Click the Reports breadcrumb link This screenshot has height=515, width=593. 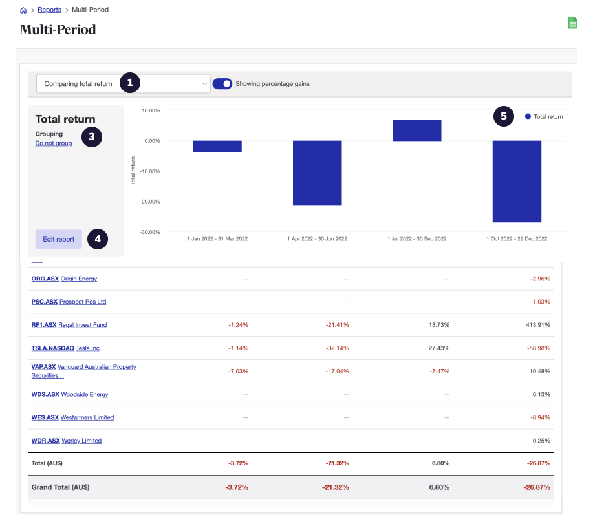50,10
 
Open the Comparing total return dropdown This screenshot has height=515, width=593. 123,83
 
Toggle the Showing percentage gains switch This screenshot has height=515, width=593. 222,83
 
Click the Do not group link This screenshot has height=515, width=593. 54,143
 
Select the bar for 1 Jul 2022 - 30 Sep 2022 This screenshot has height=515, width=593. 417,130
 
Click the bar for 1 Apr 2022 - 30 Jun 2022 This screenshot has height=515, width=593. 317,173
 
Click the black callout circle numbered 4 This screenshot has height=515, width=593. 98,239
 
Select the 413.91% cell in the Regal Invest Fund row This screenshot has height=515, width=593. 538,325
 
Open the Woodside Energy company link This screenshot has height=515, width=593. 85,394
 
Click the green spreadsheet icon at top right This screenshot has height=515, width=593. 572,23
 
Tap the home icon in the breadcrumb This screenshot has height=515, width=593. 24,10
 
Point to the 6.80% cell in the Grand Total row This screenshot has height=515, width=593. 439,487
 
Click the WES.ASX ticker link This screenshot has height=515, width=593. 45,417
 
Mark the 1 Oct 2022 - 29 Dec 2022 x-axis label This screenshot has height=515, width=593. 517,238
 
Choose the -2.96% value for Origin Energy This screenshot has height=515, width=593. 540,279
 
